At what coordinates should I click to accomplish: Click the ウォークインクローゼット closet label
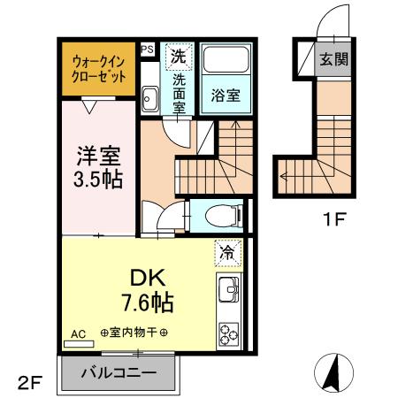coord(97,68)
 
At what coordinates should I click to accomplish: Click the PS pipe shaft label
coord(147,50)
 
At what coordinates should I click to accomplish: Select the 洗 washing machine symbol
coord(180,56)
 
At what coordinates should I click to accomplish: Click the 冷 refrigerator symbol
coord(227,253)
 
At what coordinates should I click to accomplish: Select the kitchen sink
coord(229,288)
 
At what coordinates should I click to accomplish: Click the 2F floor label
coord(29,383)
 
